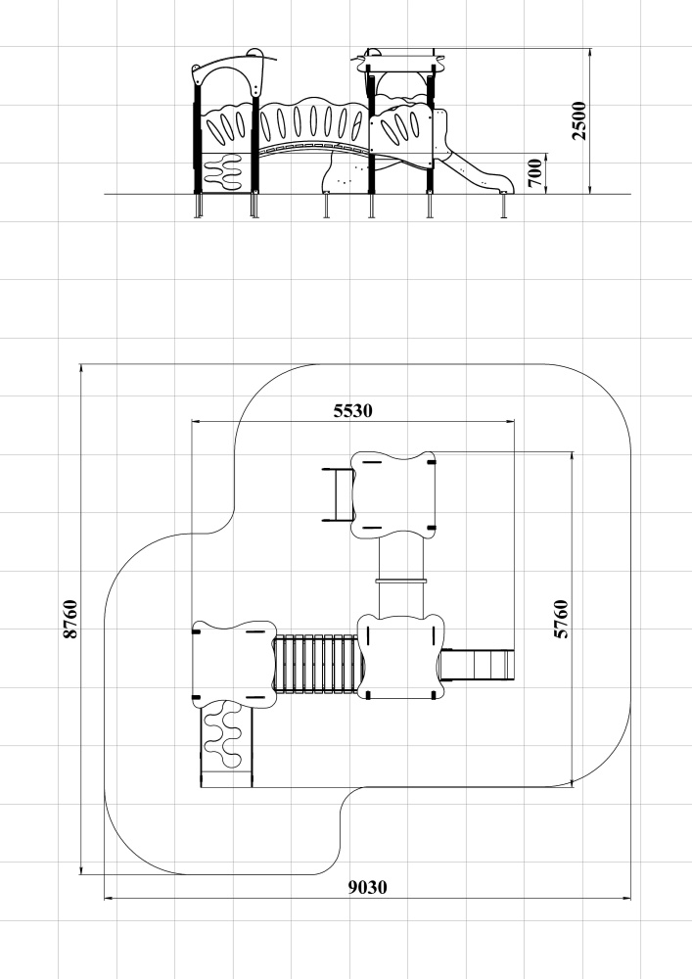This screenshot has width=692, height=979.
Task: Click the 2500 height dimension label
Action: point(579,120)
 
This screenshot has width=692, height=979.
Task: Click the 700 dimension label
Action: point(535,173)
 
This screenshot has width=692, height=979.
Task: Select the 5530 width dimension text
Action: point(353,411)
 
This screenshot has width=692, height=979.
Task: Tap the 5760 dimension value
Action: point(562,619)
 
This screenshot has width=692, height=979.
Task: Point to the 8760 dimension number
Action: point(70,619)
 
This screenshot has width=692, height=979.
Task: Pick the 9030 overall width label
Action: point(367,887)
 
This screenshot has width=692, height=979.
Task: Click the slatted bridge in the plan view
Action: point(316,664)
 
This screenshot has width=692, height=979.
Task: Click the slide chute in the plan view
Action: point(477,665)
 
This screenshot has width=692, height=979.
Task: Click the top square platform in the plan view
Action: point(392,494)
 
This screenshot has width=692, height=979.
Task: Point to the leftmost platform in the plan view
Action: point(234,664)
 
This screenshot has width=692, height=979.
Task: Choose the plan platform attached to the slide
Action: point(401,657)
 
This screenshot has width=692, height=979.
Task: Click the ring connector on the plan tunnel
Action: point(401,581)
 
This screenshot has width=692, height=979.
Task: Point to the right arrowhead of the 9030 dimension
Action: point(629,899)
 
